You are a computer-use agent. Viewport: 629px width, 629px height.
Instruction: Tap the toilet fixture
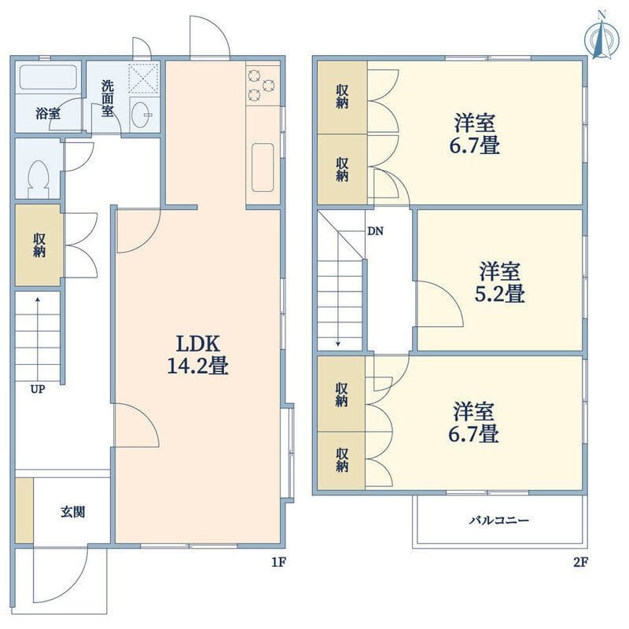(x=39, y=179)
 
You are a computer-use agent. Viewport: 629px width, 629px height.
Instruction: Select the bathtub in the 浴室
(x=48, y=77)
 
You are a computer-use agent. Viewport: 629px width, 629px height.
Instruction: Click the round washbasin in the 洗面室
(x=141, y=115)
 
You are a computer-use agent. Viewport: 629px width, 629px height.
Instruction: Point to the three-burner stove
(x=262, y=85)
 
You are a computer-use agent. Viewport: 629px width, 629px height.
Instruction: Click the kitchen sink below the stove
(x=263, y=167)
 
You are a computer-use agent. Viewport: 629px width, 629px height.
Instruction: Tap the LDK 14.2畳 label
(x=198, y=355)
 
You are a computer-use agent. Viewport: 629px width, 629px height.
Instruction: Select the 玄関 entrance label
(x=72, y=512)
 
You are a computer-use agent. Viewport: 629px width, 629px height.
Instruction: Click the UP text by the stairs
(x=38, y=389)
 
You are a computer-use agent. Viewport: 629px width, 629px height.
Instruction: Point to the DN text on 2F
(x=375, y=231)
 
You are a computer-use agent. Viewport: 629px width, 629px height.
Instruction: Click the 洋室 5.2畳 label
(x=500, y=282)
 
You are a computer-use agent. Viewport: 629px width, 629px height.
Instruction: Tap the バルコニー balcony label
(x=499, y=520)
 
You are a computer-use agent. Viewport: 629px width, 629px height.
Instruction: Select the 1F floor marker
(x=278, y=562)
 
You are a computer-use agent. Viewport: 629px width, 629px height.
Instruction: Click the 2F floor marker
(x=580, y=562)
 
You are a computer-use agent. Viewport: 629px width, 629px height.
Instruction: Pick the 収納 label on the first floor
(x=39, y=245)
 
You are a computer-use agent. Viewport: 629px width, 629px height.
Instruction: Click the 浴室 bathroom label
(x=48, y=113)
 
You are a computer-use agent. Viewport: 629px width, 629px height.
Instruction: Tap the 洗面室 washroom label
(x=107, y=99)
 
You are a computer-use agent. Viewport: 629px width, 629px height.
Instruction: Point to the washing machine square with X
(x=143, y=78)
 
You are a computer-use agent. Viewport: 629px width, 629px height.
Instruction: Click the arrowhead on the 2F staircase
(x=339, y=344)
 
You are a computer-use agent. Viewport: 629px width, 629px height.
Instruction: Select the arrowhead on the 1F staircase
(x=38, y=299)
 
